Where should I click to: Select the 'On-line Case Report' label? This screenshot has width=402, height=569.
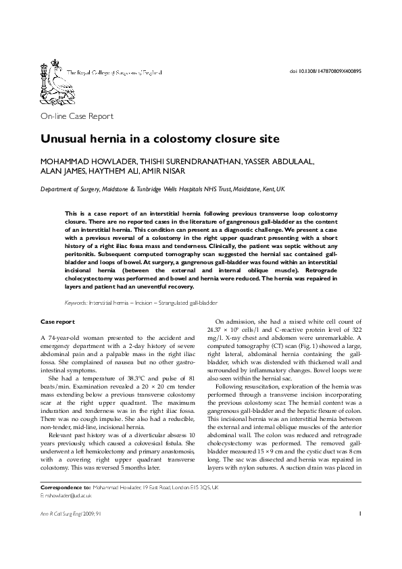pos(77,116)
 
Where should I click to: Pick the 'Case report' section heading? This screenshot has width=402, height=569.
pos(57,322)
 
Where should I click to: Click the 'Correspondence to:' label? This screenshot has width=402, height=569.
pos(66,487)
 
